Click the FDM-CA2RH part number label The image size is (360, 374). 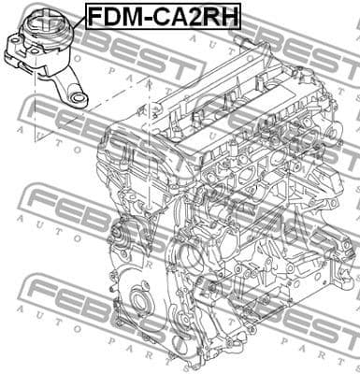[164, 16]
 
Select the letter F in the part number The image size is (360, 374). [95, 16]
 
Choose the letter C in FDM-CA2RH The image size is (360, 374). [162, 16]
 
